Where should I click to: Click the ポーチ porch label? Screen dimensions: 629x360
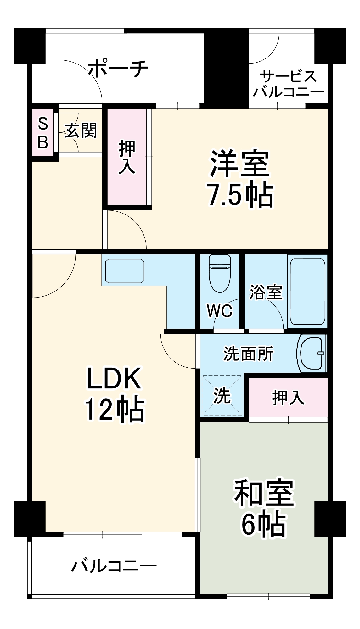click(x=118, y=68)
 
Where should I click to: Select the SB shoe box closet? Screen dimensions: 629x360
click(x=43, y=132)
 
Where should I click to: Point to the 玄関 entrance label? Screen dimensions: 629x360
click(x=81, y=130)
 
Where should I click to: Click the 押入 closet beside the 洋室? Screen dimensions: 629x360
click(x=127, y=157)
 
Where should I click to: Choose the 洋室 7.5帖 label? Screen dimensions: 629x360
click(x=240, y=179)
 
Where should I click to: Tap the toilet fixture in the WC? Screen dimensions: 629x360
click(x=220, y=273)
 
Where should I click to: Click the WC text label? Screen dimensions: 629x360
click(x=220, y=311)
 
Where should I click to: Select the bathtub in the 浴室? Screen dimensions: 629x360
click(x=307, y=291)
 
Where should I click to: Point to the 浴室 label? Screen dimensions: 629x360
click(x=266, y=292)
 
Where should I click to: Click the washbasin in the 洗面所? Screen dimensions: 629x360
click(x=312, y=353)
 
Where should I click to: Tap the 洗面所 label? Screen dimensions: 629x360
click(x=248, y=354)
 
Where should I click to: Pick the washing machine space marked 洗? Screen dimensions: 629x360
click(x=222, y=395)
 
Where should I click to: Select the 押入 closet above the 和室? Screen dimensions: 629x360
click(x=288, y=397)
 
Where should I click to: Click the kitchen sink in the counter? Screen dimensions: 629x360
click(x=125, y=271)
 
